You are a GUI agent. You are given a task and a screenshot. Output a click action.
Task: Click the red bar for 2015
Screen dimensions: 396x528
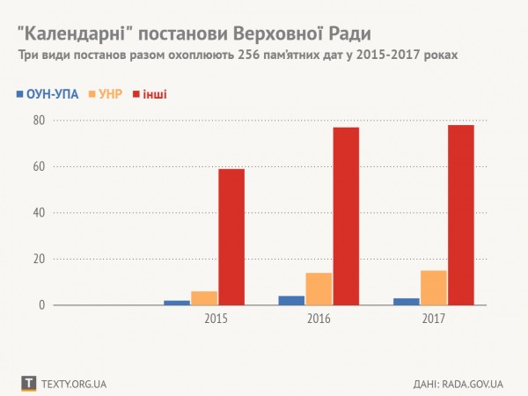tap(231, 237)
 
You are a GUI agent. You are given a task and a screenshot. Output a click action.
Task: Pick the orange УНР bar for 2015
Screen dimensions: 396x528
tap(203, 298)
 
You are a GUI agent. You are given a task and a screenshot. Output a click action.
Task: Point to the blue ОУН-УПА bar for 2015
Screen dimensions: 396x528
tap(177, 303)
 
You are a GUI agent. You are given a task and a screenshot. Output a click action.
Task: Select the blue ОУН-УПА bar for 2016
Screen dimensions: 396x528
tap(291, 300)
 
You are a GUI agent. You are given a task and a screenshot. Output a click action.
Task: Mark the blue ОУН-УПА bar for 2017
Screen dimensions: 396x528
tap(406, 302)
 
